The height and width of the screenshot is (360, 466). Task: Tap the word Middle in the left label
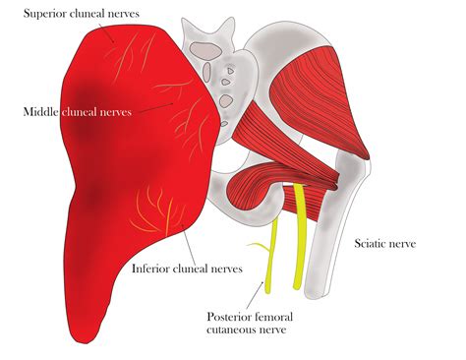click(x=41, y=111)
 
